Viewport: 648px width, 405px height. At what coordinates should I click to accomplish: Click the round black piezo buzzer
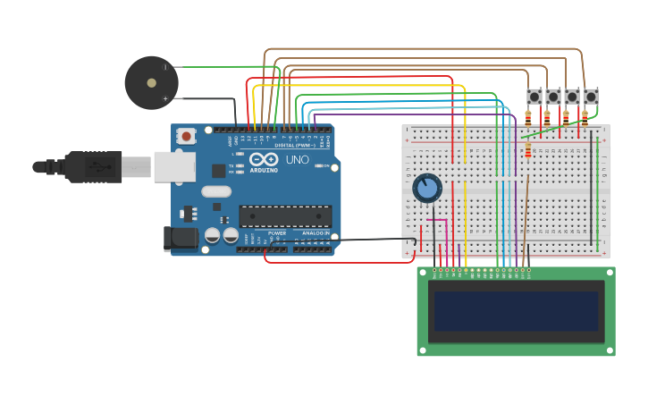tap(151, 83)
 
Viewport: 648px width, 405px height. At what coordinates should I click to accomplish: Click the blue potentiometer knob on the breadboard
tap(427, 188)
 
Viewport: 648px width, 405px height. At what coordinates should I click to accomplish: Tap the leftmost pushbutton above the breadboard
tap(534, 97)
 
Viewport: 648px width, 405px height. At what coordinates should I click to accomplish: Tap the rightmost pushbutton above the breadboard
tap(591, 97)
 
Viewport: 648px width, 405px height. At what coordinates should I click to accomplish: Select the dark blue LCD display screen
tap(516, 310)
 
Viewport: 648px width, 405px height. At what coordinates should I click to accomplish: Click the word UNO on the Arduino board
tap(297, 160)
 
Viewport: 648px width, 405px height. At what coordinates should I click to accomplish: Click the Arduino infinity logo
tap(265, 159)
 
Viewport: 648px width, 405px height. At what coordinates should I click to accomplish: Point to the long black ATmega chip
tap(284, 215)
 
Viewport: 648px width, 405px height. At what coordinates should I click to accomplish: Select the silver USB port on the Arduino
tap(174, 166)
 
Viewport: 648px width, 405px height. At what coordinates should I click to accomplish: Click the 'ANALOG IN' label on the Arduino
tap(314, 232)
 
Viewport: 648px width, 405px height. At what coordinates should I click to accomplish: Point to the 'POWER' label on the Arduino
tap(277, 232)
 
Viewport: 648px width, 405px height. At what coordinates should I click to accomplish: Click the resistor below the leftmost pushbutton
tap(528, 116)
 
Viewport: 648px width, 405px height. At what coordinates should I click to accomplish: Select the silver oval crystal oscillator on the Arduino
tap(216, 191)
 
